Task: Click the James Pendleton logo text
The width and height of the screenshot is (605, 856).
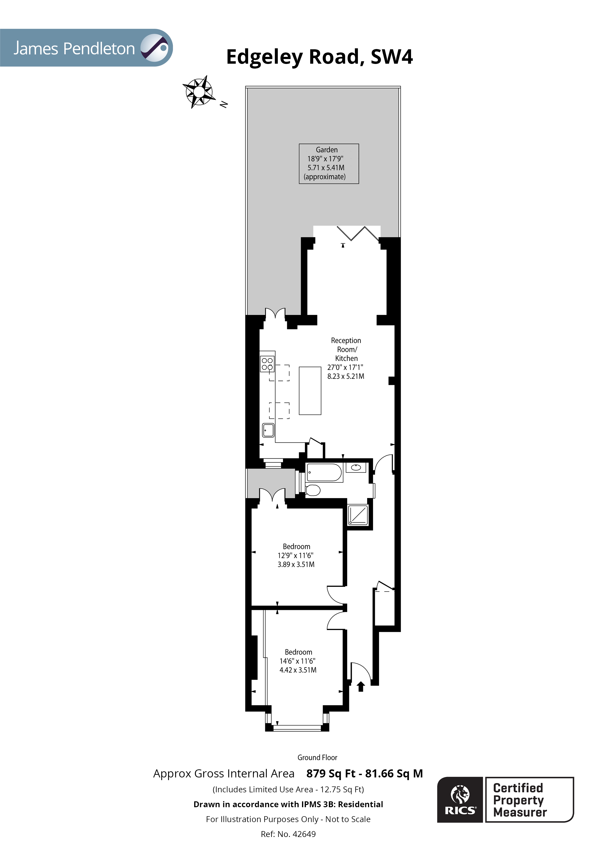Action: click(x=74, y=49)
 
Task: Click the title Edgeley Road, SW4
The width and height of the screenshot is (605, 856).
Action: click(x=320, y=57)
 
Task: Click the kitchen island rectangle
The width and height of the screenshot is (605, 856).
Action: click(x=310, y=390)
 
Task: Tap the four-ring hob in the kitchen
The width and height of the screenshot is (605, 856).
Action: click(x=267, y=364)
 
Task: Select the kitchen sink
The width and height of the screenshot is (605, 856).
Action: click(x=268, y=430)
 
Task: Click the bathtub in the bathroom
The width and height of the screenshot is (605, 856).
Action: click(x=323, y=472)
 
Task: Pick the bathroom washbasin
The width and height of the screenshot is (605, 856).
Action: click(x=356, y=467)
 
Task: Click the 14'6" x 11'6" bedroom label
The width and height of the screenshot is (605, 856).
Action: click(x=298, y=661)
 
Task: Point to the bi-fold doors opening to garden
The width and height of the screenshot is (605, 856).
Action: click(x=352, y=233)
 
